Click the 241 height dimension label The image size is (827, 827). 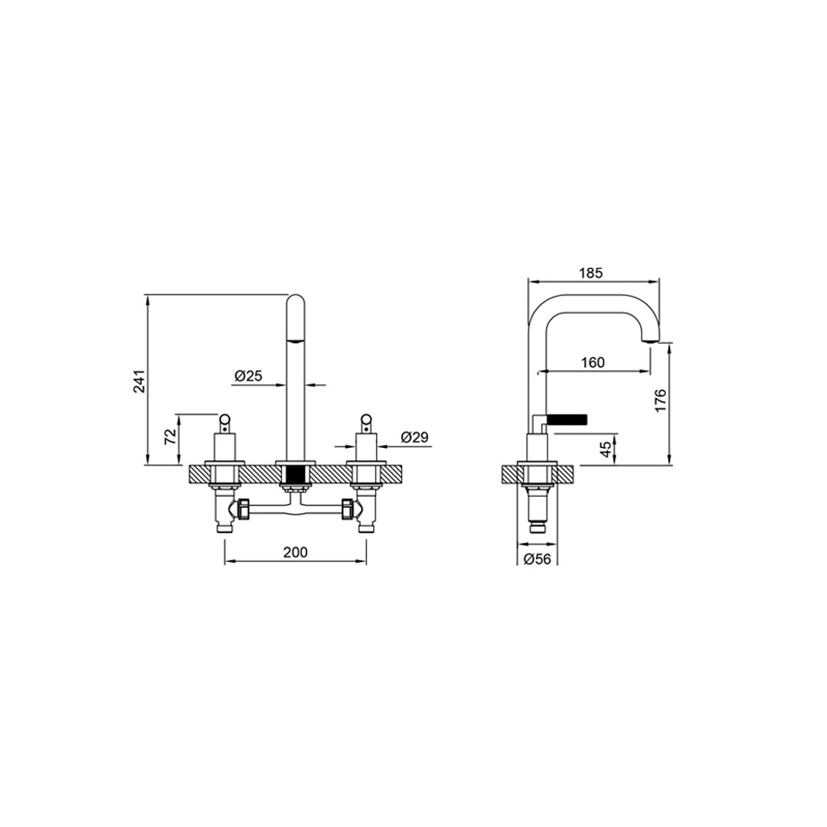click(x=139, y=381)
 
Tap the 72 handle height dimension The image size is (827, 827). click(x=170, y=436)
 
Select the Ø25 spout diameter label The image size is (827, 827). click(x=248, y=375)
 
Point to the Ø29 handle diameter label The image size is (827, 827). click(x=414, y=436)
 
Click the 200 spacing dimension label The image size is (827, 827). click(x=296, y=552)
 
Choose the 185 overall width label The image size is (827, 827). click(x=590, y=273)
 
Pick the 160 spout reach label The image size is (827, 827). click(x=593, y=362)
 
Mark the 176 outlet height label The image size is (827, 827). click(x=660, y=400)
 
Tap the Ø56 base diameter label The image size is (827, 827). click(x=537, y=559)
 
